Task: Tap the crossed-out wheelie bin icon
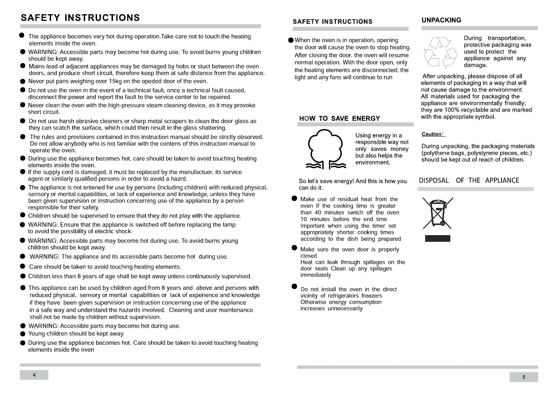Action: click(x=438, y=213)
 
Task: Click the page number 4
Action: click(x=34, y=375)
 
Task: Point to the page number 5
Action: click(x=524, y=377)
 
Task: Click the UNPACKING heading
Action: click(x=441, y=20)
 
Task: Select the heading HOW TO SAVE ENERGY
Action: click(x=339, y=118)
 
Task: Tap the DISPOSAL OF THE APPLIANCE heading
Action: click(x=469, y=180)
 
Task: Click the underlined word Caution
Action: click(x=431, y=134)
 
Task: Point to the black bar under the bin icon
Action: click(x=437, y=238)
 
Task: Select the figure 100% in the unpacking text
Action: click(x=451, y=110)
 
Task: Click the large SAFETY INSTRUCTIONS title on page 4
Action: click(x=80, y=18)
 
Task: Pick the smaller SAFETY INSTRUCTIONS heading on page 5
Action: click(x=332, y=22)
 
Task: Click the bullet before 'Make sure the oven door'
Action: click(x=294, y=248)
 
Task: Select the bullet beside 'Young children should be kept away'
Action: click(x=23, y=334)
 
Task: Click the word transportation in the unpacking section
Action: click(x=507, y=38)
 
